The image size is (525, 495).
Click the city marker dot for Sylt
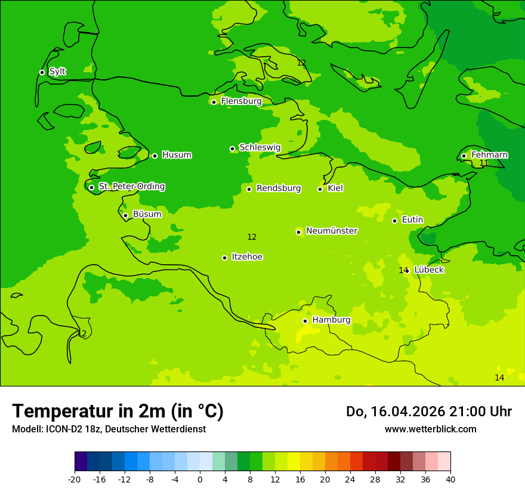pyautogui.click(x=42, y=72)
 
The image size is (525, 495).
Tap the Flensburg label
pyautogui.click(x=241, y=101)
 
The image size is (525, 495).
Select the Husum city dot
pyautogui.click(x=155, y=156)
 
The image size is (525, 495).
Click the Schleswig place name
pyautogui.click(x=260, y=147)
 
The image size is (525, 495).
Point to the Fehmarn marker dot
pyautogui.click(x=464, y=156)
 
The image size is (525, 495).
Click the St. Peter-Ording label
pyautogui.click(x=131, y=186)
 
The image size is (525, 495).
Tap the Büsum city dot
pyautogui.click(x=125, y=215)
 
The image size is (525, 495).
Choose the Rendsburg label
pyautogui.click(x=279, y=188)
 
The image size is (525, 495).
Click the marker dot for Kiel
pyautogui.click(x=320, y=189)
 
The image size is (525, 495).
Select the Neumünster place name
pyautogui.click(x=332, y=231)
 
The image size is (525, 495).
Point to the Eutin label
pyautogui.click(x=412, y=219)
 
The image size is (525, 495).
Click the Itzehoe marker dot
pyautogui.click(x=224, y=258)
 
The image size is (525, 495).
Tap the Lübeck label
pyautogui.click(x=428, y=270)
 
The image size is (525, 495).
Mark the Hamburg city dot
pyautogui.click(x=305, y=321)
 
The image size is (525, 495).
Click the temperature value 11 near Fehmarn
pyautogui.click(x=484, y=163)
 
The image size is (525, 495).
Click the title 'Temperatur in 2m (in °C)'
pyautogui.click(x=118, y=411)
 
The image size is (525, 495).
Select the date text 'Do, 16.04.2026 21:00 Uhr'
pyautogui.click(x=428, y=412)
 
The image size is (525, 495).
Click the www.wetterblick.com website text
pyautogui.click(x=430, y=429)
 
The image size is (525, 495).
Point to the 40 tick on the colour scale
pyautogui.click(x=450, y=479)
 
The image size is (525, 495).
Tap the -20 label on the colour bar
pyautogui.click(x=75, y=479)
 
